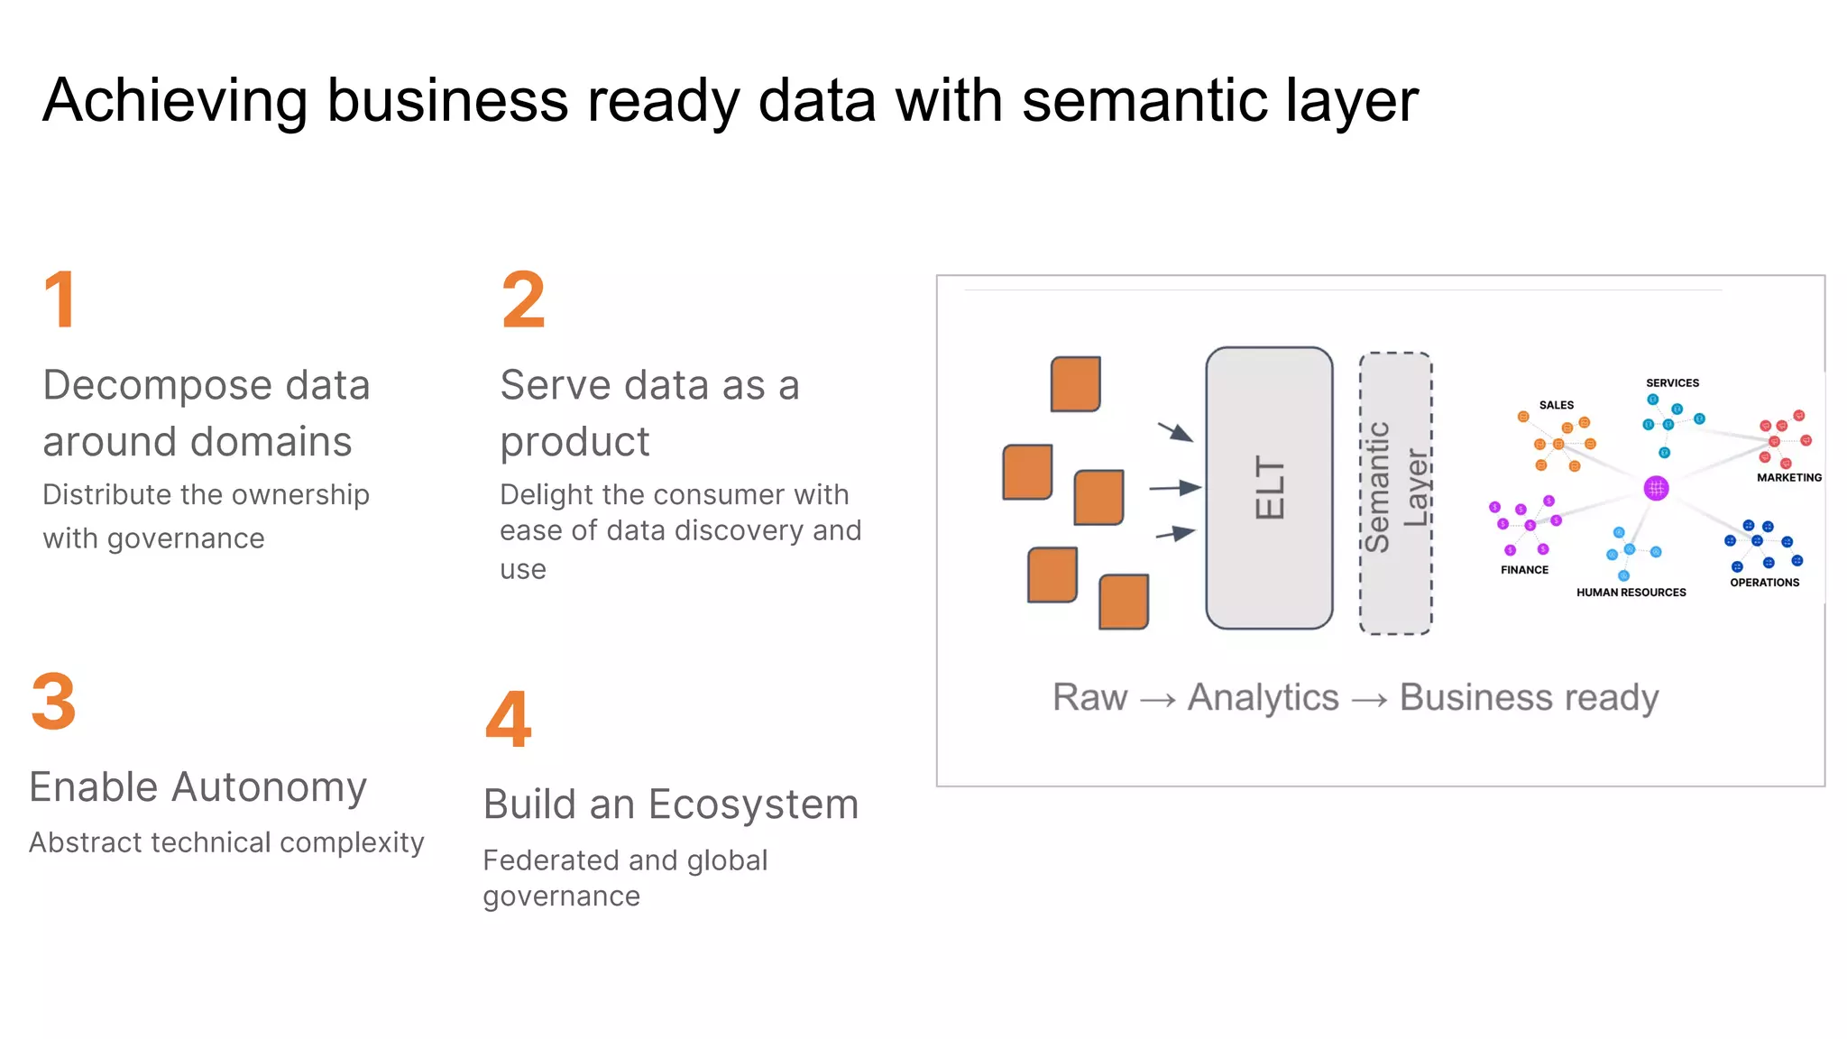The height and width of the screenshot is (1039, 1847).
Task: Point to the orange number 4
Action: (508, 719)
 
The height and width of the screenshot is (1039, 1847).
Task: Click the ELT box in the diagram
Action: (1269, 488)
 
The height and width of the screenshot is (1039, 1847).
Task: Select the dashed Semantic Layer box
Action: (1395, 492)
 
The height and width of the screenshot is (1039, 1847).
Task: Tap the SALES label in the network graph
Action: (1556, 405)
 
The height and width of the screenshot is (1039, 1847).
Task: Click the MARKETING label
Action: (1788, 477)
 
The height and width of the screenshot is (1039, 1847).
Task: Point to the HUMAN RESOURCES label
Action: (1631, 593)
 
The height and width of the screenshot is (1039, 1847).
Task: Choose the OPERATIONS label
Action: (1764, 583)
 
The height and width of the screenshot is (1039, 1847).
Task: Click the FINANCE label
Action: (1524, 570)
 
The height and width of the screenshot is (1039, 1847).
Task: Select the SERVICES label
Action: (1672, 382)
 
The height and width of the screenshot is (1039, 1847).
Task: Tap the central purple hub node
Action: (1656, 489)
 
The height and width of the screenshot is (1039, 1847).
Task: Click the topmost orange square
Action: (1075, 384)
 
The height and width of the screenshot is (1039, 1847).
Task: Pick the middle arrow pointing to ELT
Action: (1175, 488)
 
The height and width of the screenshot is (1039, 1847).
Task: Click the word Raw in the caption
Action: (1089, 697)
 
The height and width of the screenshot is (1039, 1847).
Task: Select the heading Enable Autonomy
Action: (198, 786)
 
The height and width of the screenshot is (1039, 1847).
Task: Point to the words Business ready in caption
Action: (1529, 697)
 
